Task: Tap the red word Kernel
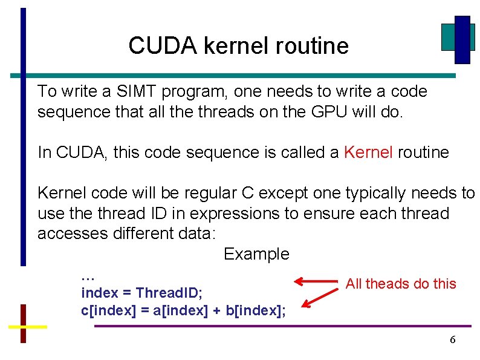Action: coord(368,152)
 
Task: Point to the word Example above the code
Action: coord(256,254)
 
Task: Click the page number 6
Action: coord(452,339)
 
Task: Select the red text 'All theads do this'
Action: coord(401,284)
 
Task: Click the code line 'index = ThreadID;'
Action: coord(141,293)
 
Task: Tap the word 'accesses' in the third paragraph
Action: coord(73,234)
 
